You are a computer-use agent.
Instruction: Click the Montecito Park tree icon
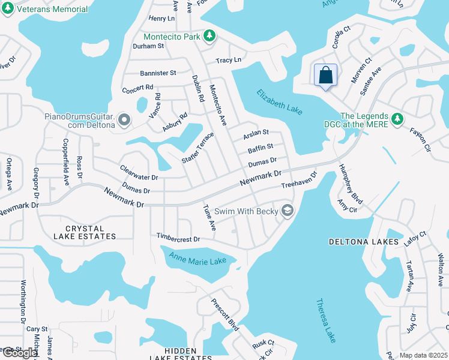point(209,37)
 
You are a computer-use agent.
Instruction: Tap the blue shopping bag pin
point(325,76)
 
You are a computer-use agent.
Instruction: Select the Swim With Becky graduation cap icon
point(288,211)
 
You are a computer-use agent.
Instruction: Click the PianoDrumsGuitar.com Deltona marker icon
point(124,121)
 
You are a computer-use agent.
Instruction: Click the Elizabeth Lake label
point(280,103)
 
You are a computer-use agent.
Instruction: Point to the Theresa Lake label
point(326,320)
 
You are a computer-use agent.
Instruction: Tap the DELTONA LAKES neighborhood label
point(363,242)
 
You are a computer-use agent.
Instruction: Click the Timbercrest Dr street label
point(178,238)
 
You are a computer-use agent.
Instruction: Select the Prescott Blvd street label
point(225,315)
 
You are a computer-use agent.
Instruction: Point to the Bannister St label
point(157,73)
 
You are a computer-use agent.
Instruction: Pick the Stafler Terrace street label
point(197,148)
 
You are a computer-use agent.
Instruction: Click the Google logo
point(20,353)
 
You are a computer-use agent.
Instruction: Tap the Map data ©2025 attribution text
point(423,355)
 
